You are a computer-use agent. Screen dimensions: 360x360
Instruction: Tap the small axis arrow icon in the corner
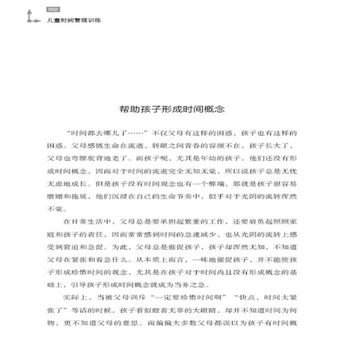point(30,16)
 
